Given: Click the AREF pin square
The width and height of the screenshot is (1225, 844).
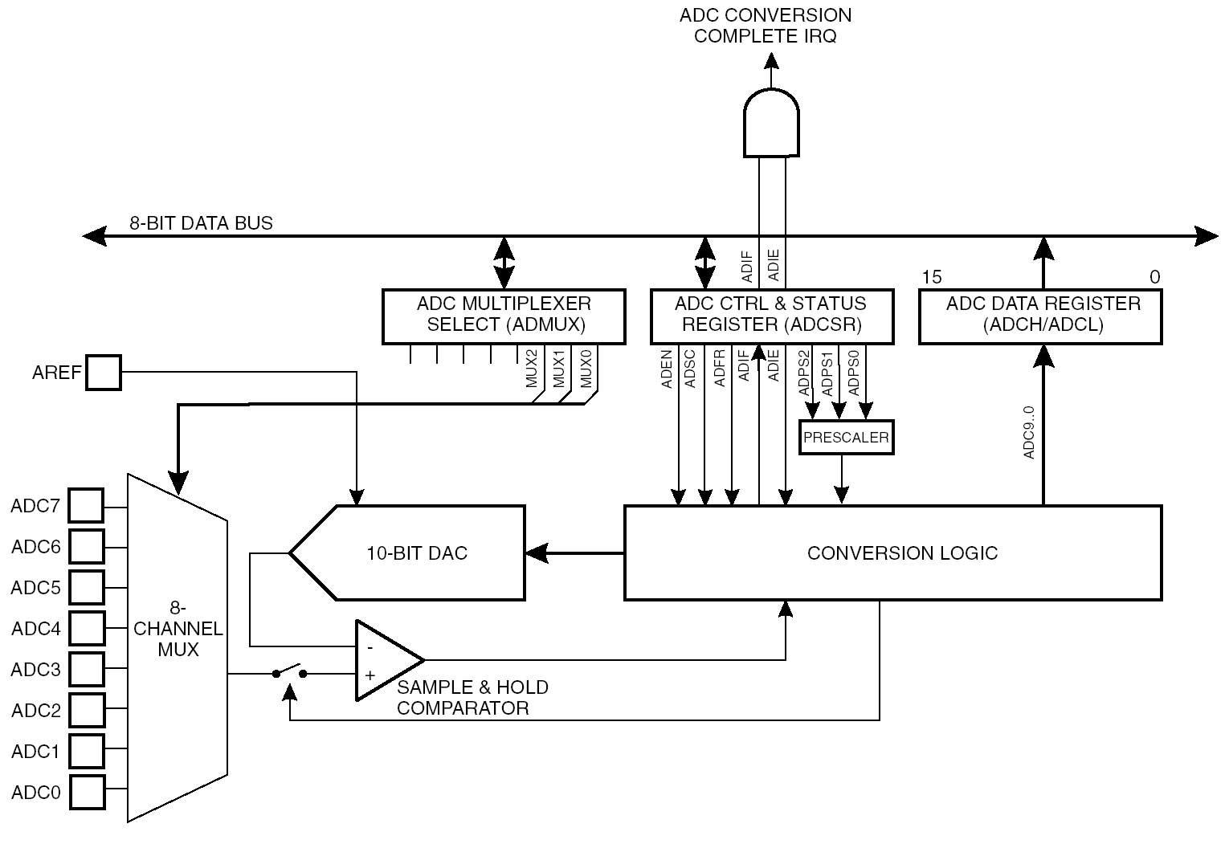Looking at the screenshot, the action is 104,373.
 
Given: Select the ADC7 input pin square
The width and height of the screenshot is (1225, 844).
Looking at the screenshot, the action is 87,506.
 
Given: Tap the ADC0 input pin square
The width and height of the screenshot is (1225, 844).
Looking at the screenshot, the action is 88,792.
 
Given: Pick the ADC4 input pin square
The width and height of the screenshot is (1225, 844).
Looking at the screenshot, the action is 87,628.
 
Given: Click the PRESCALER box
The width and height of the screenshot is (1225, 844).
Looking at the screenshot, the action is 846,438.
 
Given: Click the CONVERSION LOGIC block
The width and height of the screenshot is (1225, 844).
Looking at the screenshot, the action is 893,553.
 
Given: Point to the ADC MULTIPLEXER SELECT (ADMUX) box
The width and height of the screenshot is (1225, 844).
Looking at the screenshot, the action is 504,316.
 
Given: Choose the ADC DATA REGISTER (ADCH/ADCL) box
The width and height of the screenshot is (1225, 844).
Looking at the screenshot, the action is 1041,316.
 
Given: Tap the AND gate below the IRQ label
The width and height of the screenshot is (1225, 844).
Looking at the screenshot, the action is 771,123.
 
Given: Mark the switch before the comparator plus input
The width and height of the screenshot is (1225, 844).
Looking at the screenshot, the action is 289,672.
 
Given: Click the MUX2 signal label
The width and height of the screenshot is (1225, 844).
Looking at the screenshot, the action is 532,369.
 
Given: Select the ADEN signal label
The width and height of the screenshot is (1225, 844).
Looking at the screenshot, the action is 666,369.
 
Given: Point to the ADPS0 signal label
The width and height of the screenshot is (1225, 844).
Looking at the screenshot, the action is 854,373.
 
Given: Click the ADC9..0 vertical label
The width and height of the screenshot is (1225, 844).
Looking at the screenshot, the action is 1029,432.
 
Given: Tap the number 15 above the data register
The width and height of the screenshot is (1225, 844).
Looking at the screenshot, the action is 932,277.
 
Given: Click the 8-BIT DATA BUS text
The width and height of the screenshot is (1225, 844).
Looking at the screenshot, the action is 201,223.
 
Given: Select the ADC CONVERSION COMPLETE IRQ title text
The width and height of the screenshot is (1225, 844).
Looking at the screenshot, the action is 765,25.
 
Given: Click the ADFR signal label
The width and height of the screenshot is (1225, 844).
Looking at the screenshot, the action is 719,369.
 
